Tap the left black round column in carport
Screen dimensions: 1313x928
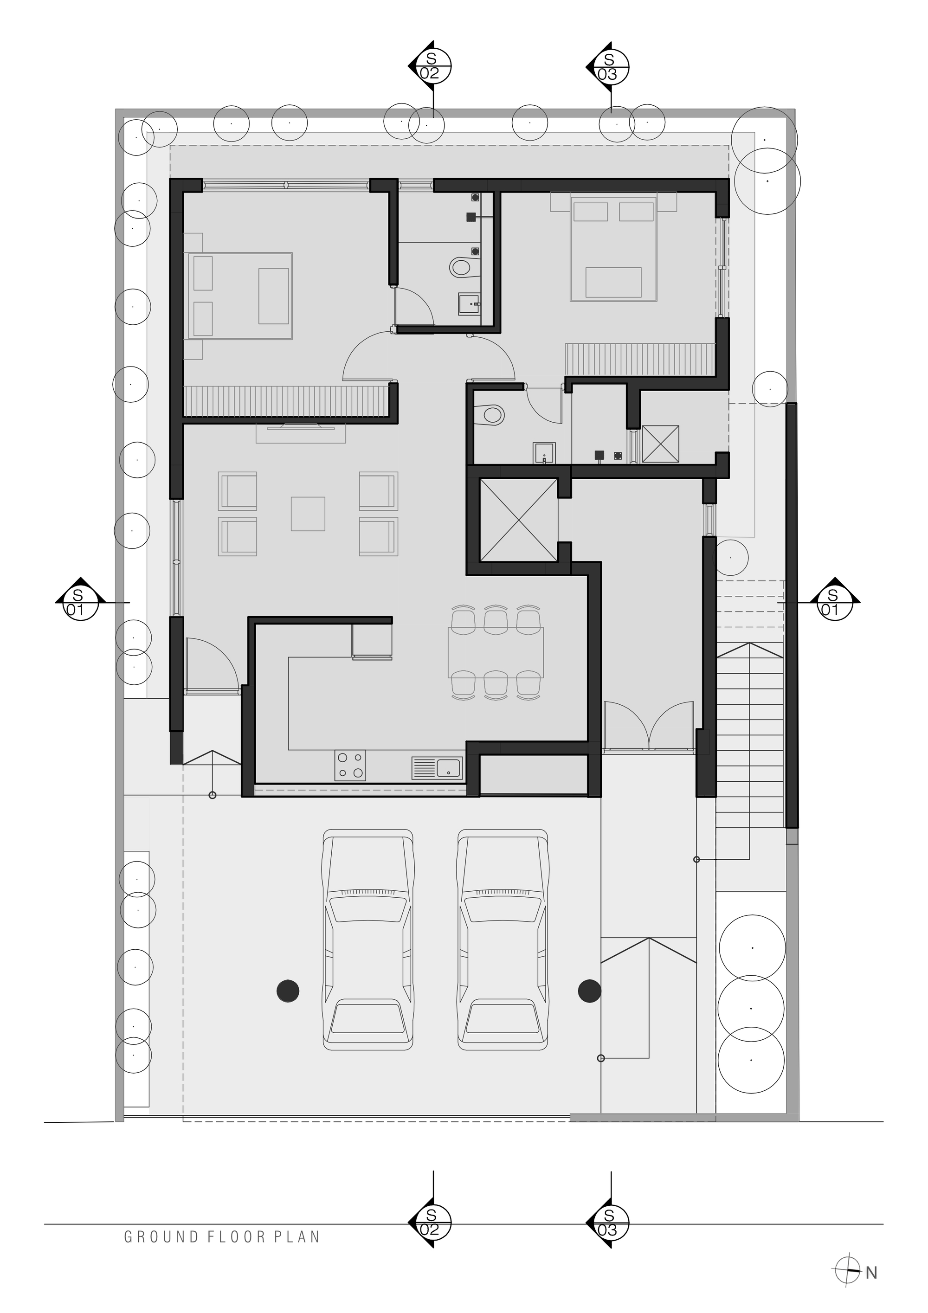[x=288, y=991]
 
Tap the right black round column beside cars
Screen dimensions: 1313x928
[x=589, y=991]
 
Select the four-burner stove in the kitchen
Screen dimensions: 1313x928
[x=350, y=765]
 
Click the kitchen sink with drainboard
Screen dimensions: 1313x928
[x=437, y=767]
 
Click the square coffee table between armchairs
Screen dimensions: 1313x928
[x=308, y=514]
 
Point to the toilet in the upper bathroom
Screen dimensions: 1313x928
[x=461, y=266]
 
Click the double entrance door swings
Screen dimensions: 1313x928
[x=649, y=725]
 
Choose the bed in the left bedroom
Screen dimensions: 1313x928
[x=241, y=296]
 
